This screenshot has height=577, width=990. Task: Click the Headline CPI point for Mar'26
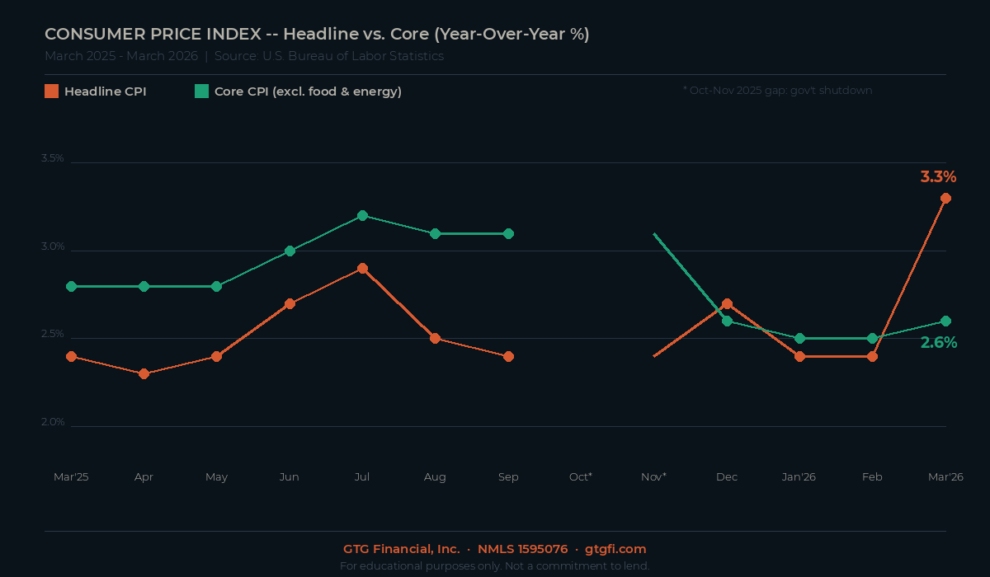coord(945,198)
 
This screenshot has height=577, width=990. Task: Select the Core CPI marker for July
coord(362,215)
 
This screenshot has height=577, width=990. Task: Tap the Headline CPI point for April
coord(144,373)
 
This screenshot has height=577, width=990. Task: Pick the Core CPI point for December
coord(727,321)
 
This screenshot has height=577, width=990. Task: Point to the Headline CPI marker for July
coord(362,268)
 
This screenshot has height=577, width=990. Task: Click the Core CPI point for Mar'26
coord(945,321)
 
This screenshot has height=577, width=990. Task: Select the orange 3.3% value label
coord(938,176)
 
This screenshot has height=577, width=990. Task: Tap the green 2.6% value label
coord(939,343)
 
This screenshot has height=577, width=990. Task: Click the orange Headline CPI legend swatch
coord(51,91)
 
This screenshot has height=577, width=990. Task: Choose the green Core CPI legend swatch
coord(201,91)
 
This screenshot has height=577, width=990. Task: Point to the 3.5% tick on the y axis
coord(53,158)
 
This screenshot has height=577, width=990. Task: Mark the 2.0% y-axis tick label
coord(53,422)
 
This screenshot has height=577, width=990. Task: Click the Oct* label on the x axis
coord(581,477)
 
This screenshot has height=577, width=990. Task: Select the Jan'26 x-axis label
coord(799,477)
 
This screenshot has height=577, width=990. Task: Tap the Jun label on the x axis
coord(290,477)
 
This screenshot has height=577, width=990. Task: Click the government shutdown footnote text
coord(777,91)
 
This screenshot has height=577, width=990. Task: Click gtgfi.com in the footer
coord(615,549)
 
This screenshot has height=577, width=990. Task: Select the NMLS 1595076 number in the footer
coord(522,549)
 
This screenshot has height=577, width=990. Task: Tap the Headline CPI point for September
coord(508,356)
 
